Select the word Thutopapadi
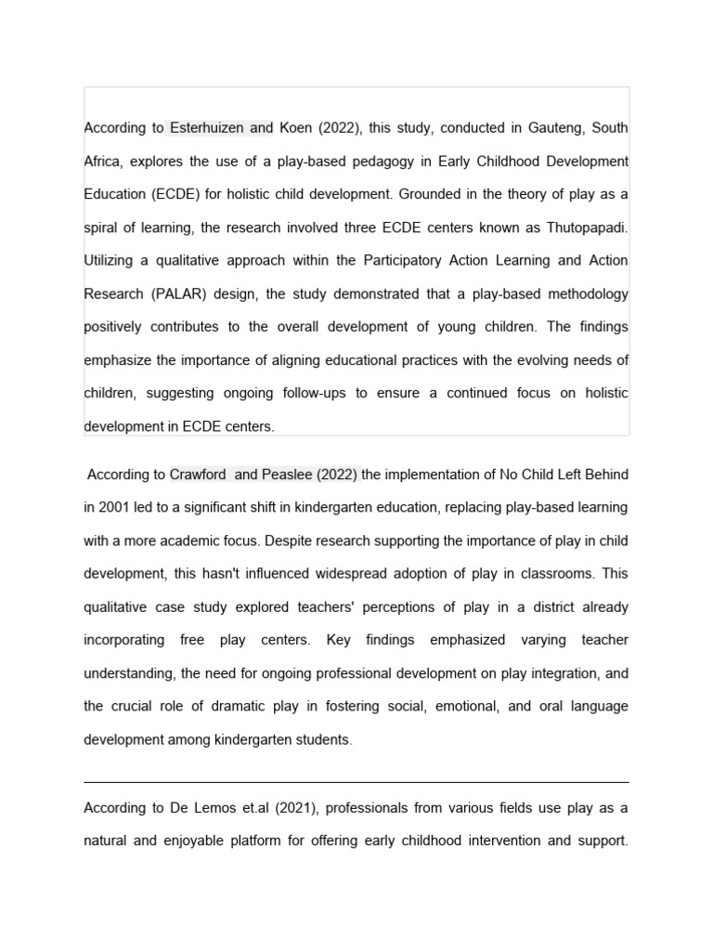[x=587, y=228]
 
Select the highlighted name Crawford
[x=199, y=475]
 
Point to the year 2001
[x=117, y=508]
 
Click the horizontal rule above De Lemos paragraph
[x=356, y=782]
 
